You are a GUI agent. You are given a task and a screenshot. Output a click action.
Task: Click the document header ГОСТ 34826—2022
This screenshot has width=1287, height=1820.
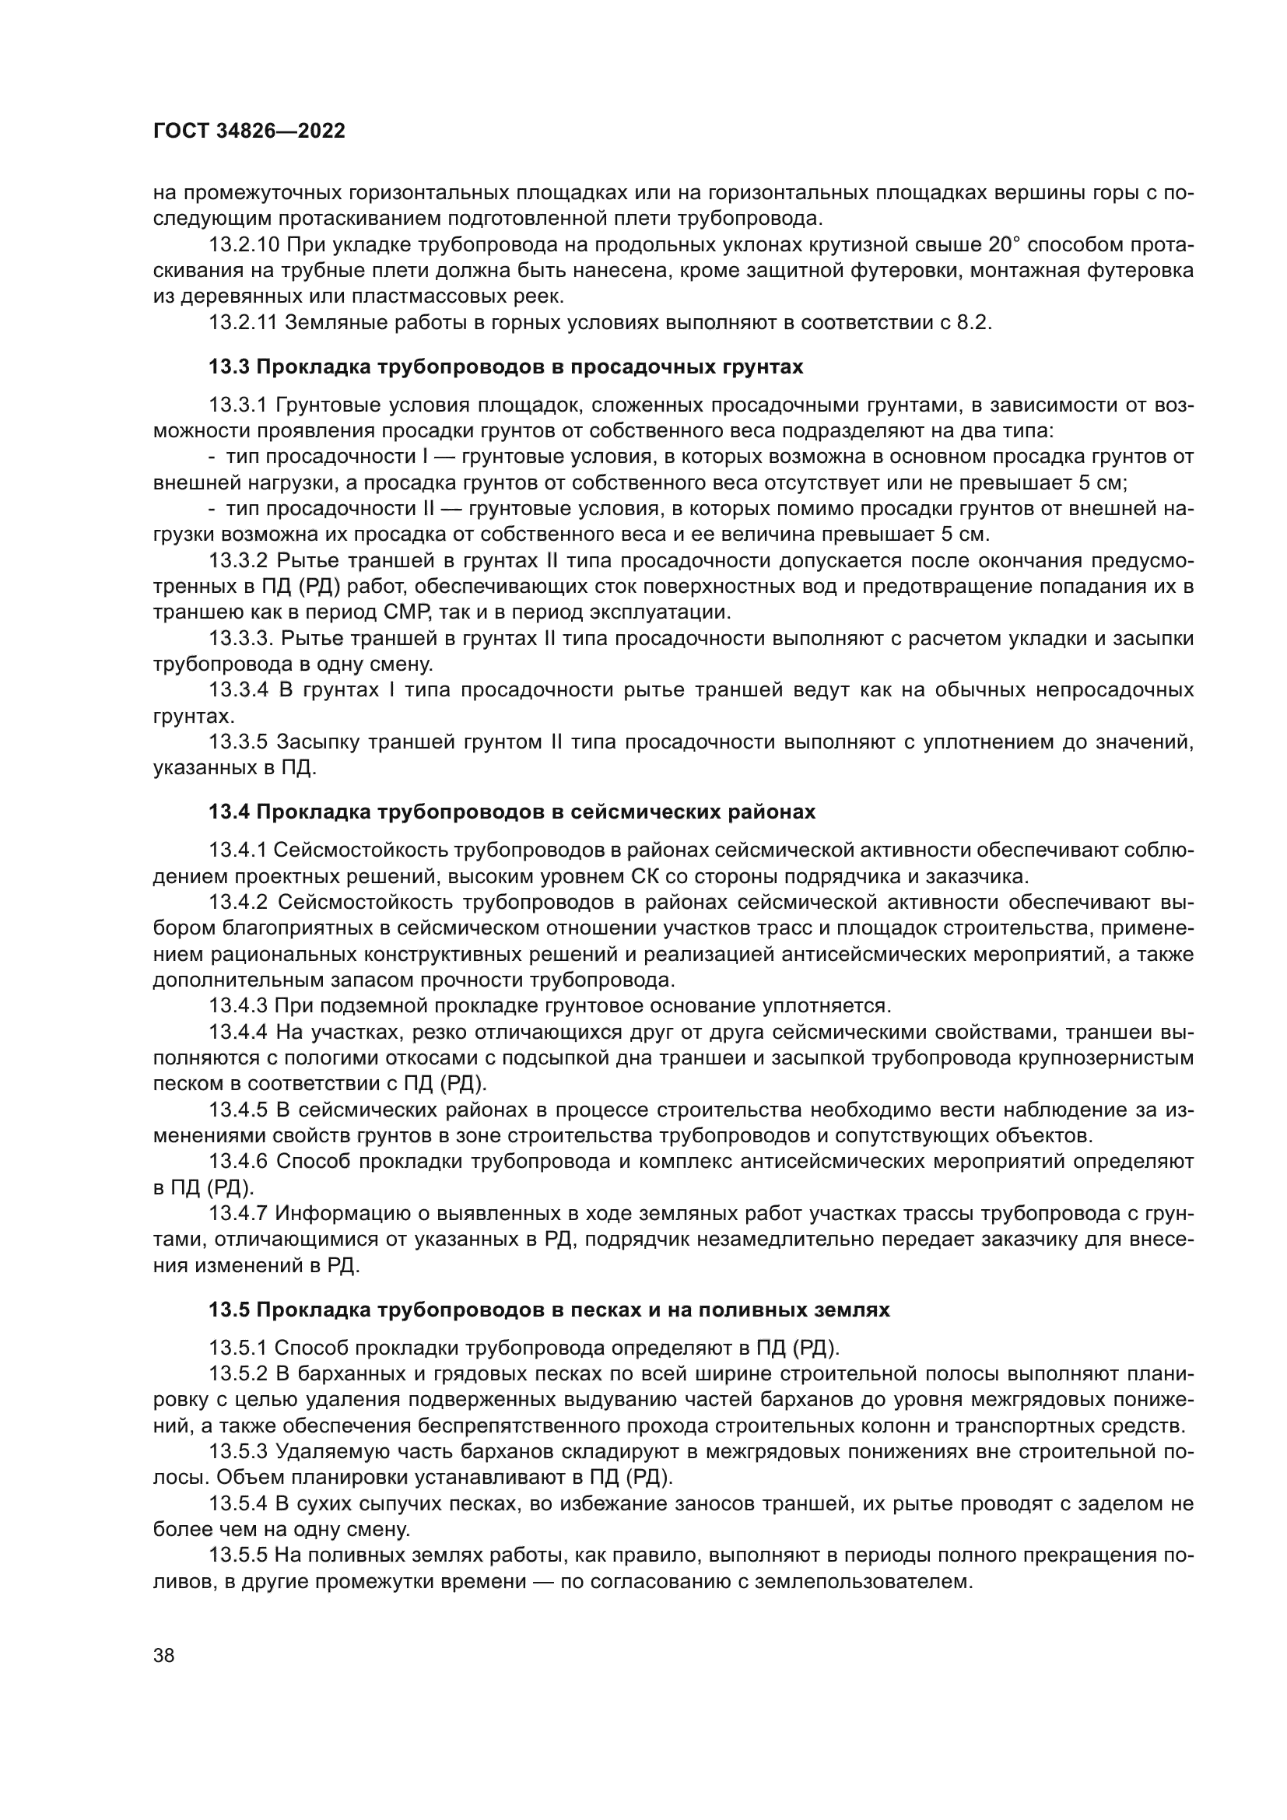249,132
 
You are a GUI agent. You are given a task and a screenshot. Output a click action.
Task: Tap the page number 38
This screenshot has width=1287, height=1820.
164,1655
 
